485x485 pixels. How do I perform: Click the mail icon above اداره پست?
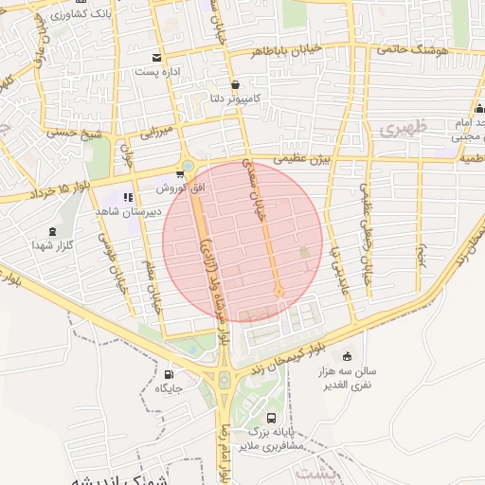point(156,57)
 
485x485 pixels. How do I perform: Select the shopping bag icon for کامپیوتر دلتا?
point(234,84)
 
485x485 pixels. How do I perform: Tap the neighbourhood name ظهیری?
point(404,127)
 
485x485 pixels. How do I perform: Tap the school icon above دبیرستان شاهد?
point(127,197)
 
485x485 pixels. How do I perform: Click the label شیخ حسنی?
point(80,134)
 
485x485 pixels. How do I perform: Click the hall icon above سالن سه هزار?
point(347,356)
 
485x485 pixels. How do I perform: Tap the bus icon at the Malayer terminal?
point(272,418)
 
